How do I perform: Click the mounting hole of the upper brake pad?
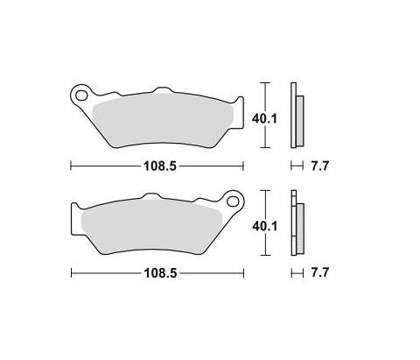click(81, 95)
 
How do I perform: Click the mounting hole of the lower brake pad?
click(233, 201)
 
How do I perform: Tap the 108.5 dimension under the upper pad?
click(160, 166)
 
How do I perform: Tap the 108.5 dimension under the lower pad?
click(160, 273)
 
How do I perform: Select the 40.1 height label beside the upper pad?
click(264, 119)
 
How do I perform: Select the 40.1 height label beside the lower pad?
click(265, 226)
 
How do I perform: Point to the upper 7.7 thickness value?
click(320, 166)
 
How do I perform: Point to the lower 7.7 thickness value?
click(320, 272)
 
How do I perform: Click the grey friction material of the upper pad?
click(164, 120)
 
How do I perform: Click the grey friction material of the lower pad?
click(151, 226)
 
